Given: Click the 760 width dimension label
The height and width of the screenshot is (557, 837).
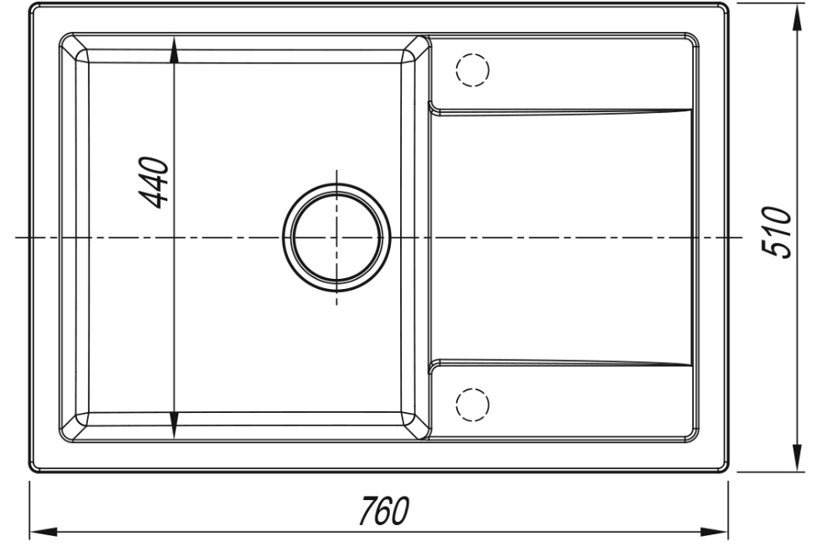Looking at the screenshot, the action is pos(383,511).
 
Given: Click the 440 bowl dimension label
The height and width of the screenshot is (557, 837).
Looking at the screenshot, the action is pos(154,182).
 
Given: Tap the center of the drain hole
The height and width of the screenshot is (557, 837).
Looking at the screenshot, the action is pos(336,238).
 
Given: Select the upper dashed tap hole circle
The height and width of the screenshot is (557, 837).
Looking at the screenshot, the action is pos(472,70).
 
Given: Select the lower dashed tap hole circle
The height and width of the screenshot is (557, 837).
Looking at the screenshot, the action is pos(472,404).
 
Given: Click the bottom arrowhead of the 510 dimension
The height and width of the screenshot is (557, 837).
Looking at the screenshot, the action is pos(797,457).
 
